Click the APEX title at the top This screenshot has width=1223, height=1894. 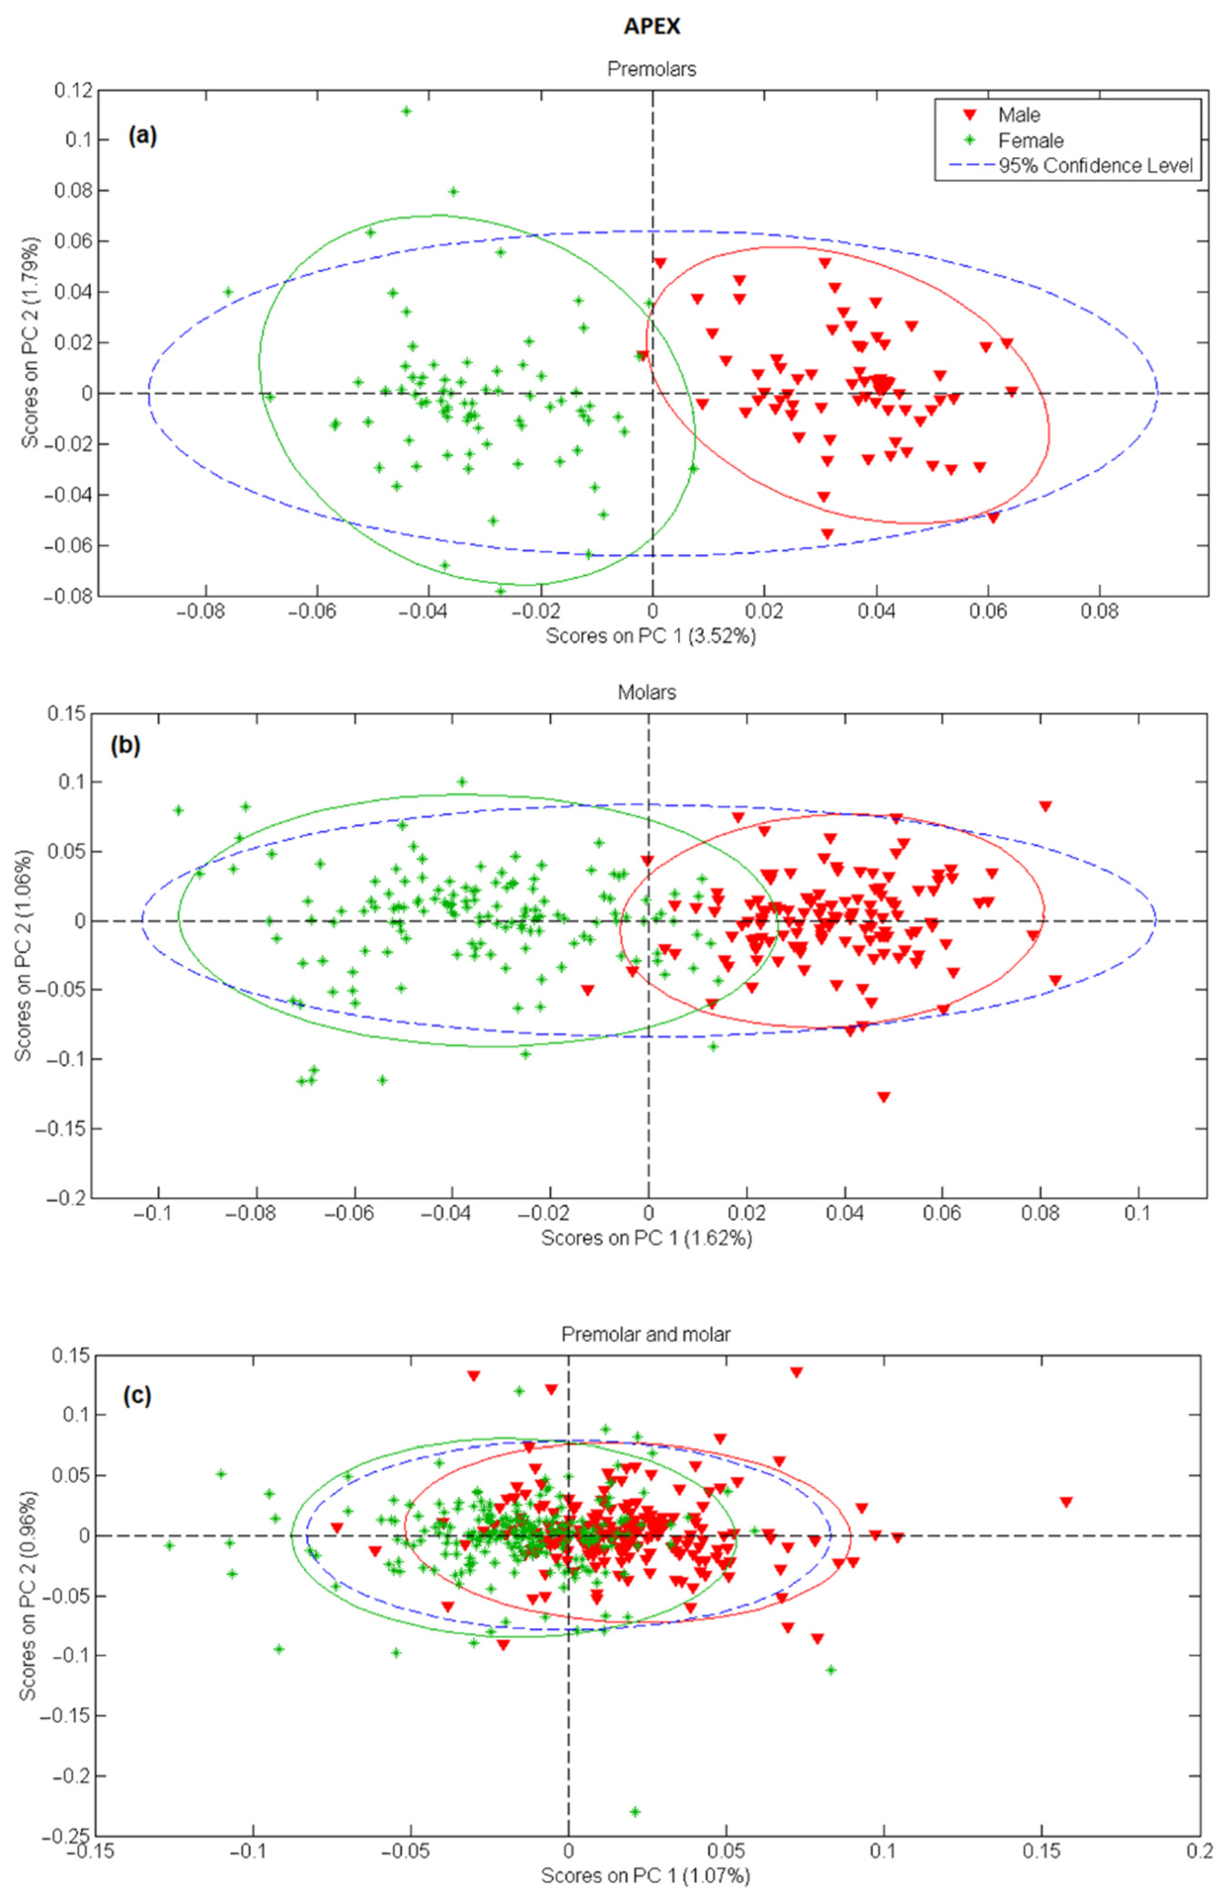pos(651,26)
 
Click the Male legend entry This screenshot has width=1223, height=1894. pos(1019,115)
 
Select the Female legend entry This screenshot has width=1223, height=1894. pos(1030,141)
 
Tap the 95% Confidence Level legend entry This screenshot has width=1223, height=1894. pos(1095,166)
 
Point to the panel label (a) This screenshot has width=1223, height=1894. pos(143,136)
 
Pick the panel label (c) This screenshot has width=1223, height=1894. pos(136,1396)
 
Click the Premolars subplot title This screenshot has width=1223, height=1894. pos(651,69)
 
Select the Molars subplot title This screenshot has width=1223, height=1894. pos(647,693)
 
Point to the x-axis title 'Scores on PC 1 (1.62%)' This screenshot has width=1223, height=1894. pos(647,1238)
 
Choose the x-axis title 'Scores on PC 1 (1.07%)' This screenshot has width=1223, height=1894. pos(645,1875)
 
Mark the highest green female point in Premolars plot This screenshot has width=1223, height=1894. pos(406,111)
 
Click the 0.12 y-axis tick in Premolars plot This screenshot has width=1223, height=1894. pos(72,90)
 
